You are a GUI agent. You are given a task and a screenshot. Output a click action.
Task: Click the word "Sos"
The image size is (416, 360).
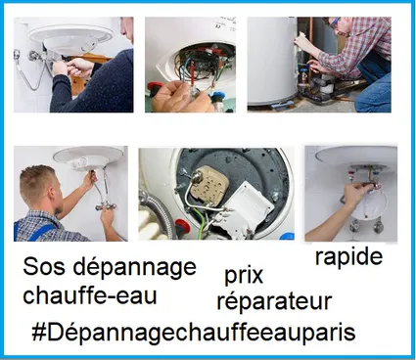[x=42, y=268]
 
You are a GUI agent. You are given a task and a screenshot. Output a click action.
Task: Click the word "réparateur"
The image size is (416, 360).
[x=274, y=300]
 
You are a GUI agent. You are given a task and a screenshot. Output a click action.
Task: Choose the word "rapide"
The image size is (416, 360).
[x=348, y=257]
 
